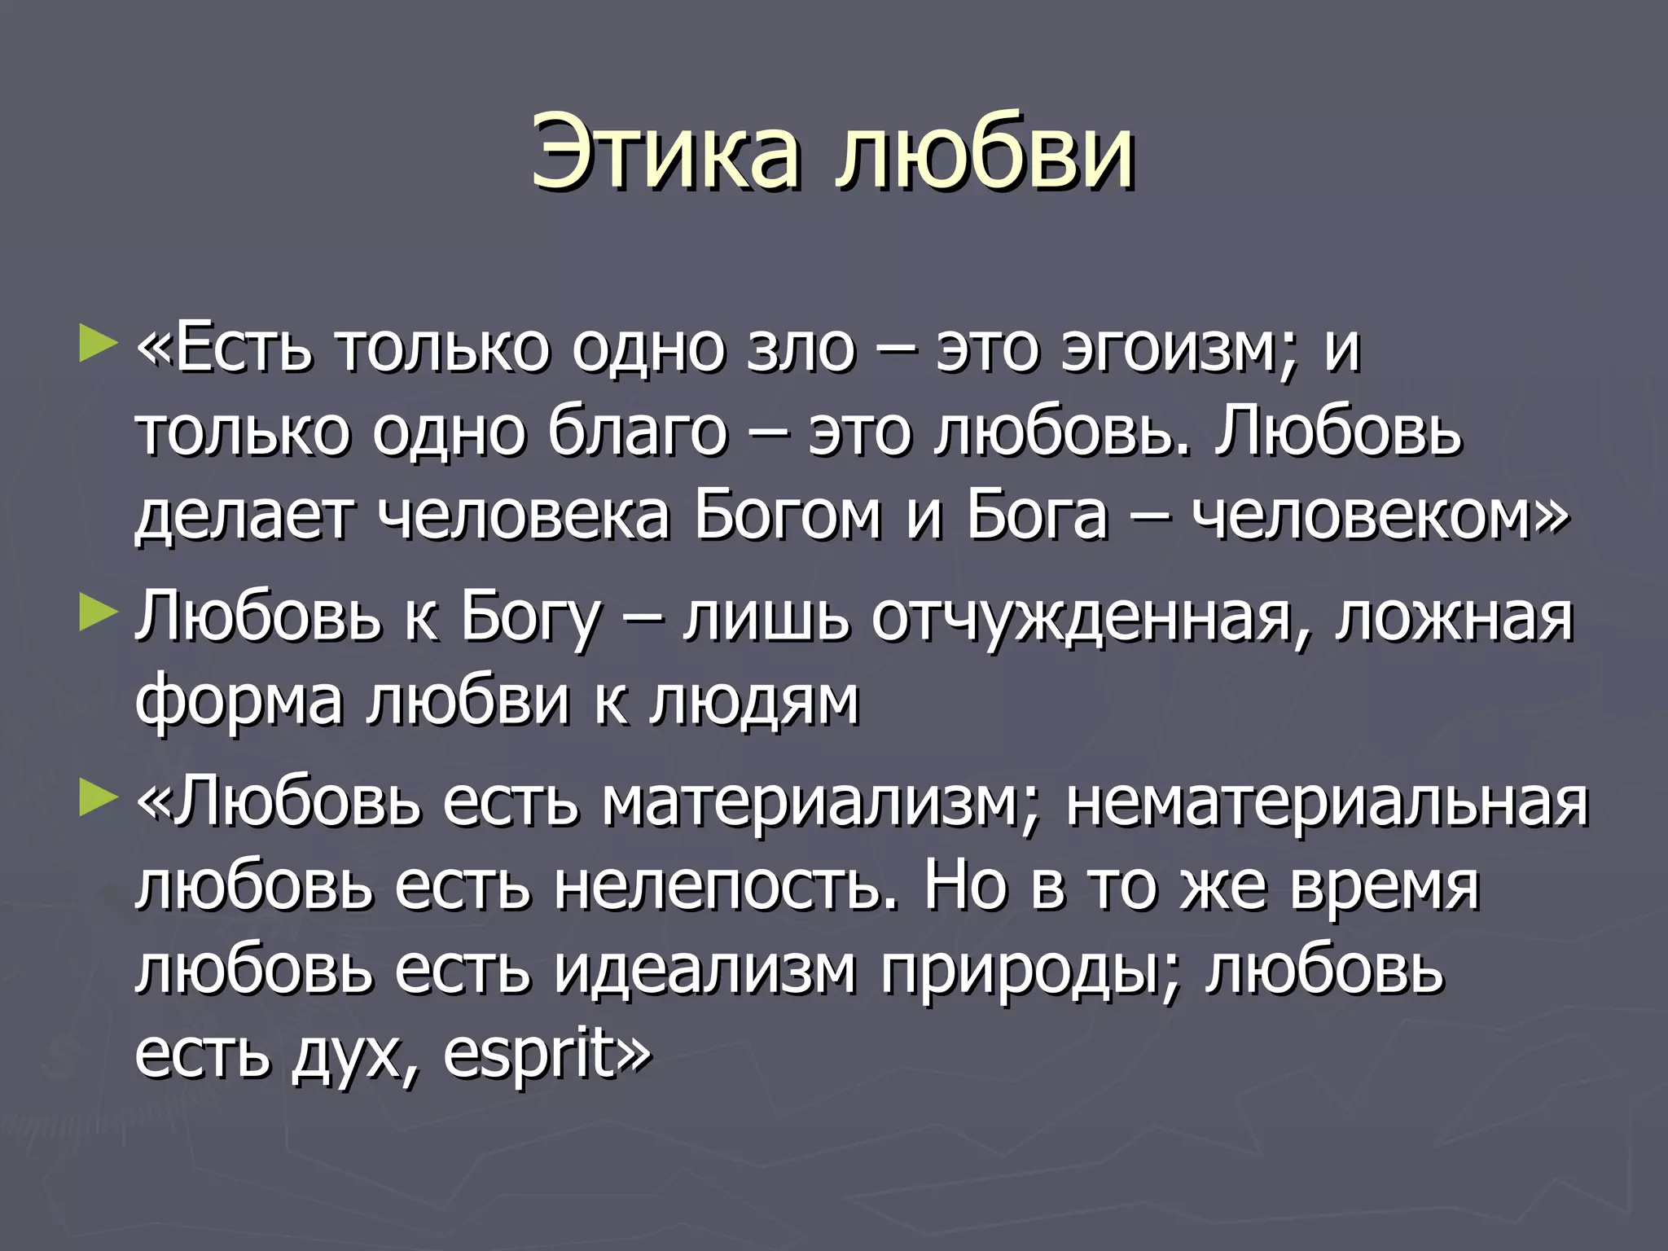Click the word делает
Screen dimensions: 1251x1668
coord(244,515)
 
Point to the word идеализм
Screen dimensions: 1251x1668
coord(705,971)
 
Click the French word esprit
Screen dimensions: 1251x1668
coord(529,1054)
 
